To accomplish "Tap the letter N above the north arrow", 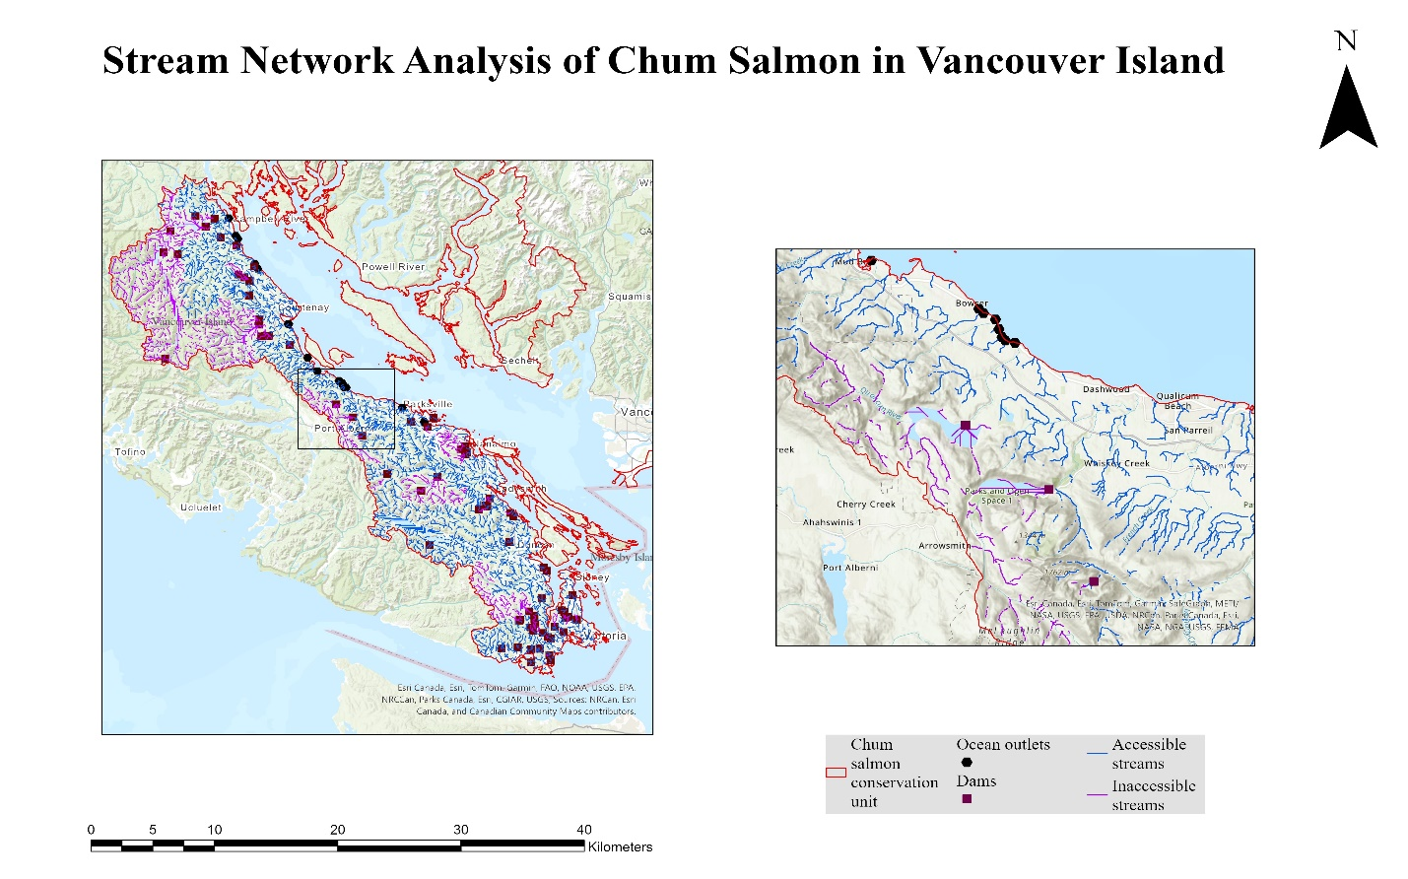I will (1346, 41).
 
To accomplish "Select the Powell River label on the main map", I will (393, 267).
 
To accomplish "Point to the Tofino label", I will (130, 452).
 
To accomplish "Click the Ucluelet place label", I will (201, 507).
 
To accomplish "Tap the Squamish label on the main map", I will (629, 297).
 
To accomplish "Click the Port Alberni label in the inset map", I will (849, 568).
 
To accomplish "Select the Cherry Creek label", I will (866, 505).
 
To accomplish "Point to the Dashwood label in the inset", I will (1106, 389).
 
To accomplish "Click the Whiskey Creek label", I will (1116, 463).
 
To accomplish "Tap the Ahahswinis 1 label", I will (832, 523).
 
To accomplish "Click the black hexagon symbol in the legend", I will (967, 762).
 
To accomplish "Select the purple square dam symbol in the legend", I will (967, 798).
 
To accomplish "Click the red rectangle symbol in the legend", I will (836, 773).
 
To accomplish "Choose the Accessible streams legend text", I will (1148, 754).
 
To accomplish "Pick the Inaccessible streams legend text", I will (1153, 795).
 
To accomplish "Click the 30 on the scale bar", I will (461, 830).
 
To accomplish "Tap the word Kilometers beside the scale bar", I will (620, 846).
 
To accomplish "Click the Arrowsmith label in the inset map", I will (944, 546).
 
